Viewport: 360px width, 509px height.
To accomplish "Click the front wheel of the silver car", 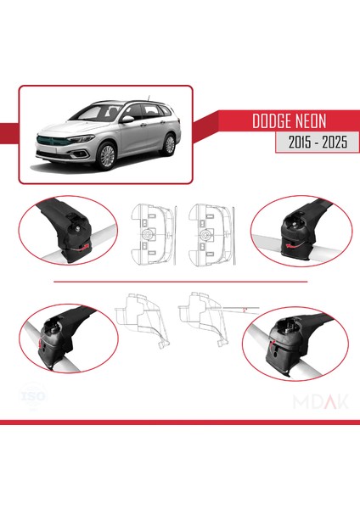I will pos(109,157).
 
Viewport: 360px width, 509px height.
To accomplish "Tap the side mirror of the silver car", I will pos(127,120).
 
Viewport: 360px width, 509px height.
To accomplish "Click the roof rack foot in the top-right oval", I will pos(290,230).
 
